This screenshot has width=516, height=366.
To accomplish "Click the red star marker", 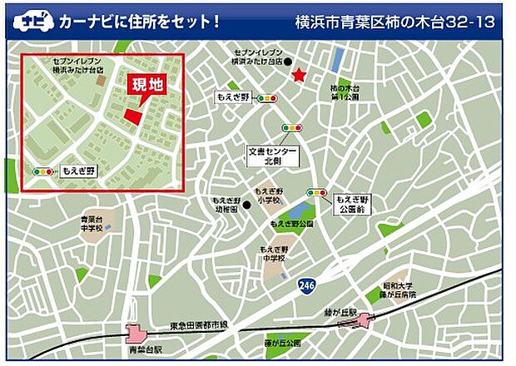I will pos(298,77).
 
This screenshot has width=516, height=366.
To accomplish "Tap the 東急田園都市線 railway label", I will pos(199,324).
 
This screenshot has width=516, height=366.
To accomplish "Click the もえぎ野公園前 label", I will pos(353,205).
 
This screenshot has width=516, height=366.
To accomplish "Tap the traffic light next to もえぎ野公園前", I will pos(316,192).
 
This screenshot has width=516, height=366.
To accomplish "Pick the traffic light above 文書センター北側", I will pos(291,128).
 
